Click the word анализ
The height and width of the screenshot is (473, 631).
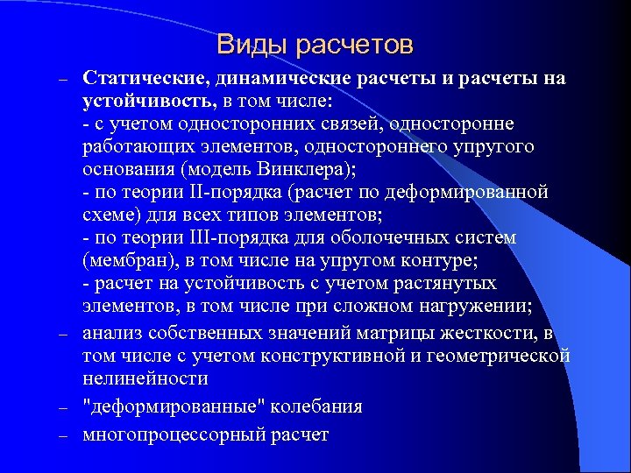(112, 333)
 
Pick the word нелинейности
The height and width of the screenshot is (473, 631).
(145, 378)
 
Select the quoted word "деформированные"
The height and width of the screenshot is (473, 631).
(174, 406)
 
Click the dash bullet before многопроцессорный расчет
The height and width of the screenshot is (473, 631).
(63, 435)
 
